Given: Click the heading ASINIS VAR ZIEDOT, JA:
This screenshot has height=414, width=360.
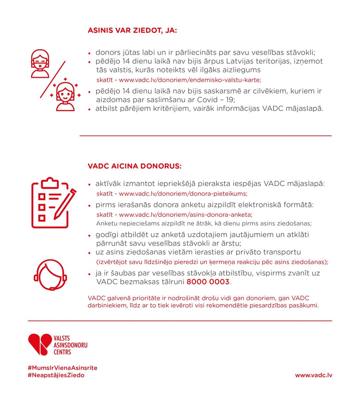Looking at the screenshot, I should [x=132, y=30].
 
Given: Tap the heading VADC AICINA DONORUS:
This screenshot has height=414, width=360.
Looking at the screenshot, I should [x=135, y=166].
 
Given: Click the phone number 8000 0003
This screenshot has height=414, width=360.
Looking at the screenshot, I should [x=208, y=282].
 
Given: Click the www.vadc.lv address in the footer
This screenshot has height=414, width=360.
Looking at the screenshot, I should [x=313, y=375].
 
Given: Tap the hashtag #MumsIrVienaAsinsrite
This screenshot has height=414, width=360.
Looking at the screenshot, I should [x=62, y=368].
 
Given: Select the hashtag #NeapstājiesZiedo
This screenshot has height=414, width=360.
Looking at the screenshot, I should [x=56, y=375].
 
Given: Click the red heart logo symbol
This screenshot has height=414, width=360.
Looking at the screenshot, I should [x=40, y=344].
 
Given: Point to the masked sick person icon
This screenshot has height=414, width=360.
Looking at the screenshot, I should [x=40, y=64].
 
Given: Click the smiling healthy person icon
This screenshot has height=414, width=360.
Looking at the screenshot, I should [x=65, y=96].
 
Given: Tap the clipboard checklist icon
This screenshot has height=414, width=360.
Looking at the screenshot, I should [x=49, y=203].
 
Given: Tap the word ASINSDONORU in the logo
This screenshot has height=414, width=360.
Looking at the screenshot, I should [x=70, y=345].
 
